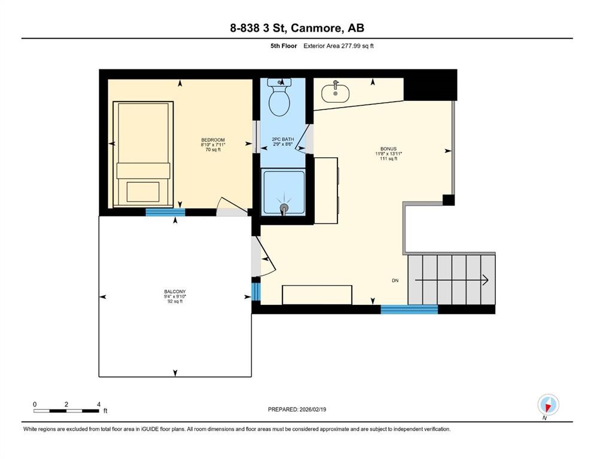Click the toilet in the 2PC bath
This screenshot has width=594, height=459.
point(279,99)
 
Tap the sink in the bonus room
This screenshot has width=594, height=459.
point(336,93)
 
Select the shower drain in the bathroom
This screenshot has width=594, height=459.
point(284,208)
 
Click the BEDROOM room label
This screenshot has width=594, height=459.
point(212,140)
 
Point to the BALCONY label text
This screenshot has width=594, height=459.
point(174,292)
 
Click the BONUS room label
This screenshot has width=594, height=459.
point(388,149)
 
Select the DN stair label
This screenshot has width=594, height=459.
point(395,280)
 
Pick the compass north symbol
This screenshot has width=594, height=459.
point(547,405)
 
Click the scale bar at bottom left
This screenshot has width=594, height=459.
point(66,410)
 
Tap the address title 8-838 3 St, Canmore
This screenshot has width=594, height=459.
point(297,27)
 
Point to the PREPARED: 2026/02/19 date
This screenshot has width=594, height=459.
point(297,409)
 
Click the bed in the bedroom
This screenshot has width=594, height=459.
point(143,154)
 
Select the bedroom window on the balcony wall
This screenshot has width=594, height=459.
point(165,212)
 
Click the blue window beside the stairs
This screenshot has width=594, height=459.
point(409,309)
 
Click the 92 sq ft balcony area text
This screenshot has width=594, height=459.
point(175,301)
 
